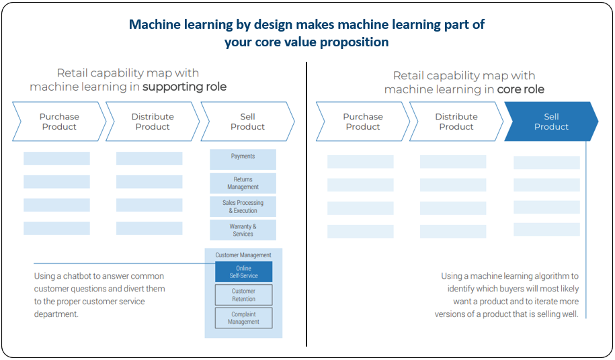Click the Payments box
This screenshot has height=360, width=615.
(243, 159)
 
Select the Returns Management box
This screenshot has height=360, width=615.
(243, 183)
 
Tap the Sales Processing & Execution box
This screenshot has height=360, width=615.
(243, 206)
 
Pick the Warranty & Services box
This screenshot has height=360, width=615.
(243, 230)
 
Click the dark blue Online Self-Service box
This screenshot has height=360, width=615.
(243, 272)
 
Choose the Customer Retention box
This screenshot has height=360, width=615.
(243, 295)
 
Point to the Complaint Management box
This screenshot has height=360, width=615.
(243, 318)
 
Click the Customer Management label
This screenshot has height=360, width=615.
(243, 255)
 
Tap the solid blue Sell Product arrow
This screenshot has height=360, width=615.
(551, 122)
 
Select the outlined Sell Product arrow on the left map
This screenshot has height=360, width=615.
(247, 122)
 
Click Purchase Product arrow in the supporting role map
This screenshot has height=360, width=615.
(59, 122)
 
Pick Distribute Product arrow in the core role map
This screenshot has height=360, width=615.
(456, 122)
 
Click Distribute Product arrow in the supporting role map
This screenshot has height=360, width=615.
(153, 122)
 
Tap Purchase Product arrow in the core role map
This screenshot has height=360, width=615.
(363, 122)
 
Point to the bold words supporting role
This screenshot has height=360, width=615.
(184, 87)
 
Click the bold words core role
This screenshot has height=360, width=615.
(520, 89)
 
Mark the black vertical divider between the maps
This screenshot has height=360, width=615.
(306, 204)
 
